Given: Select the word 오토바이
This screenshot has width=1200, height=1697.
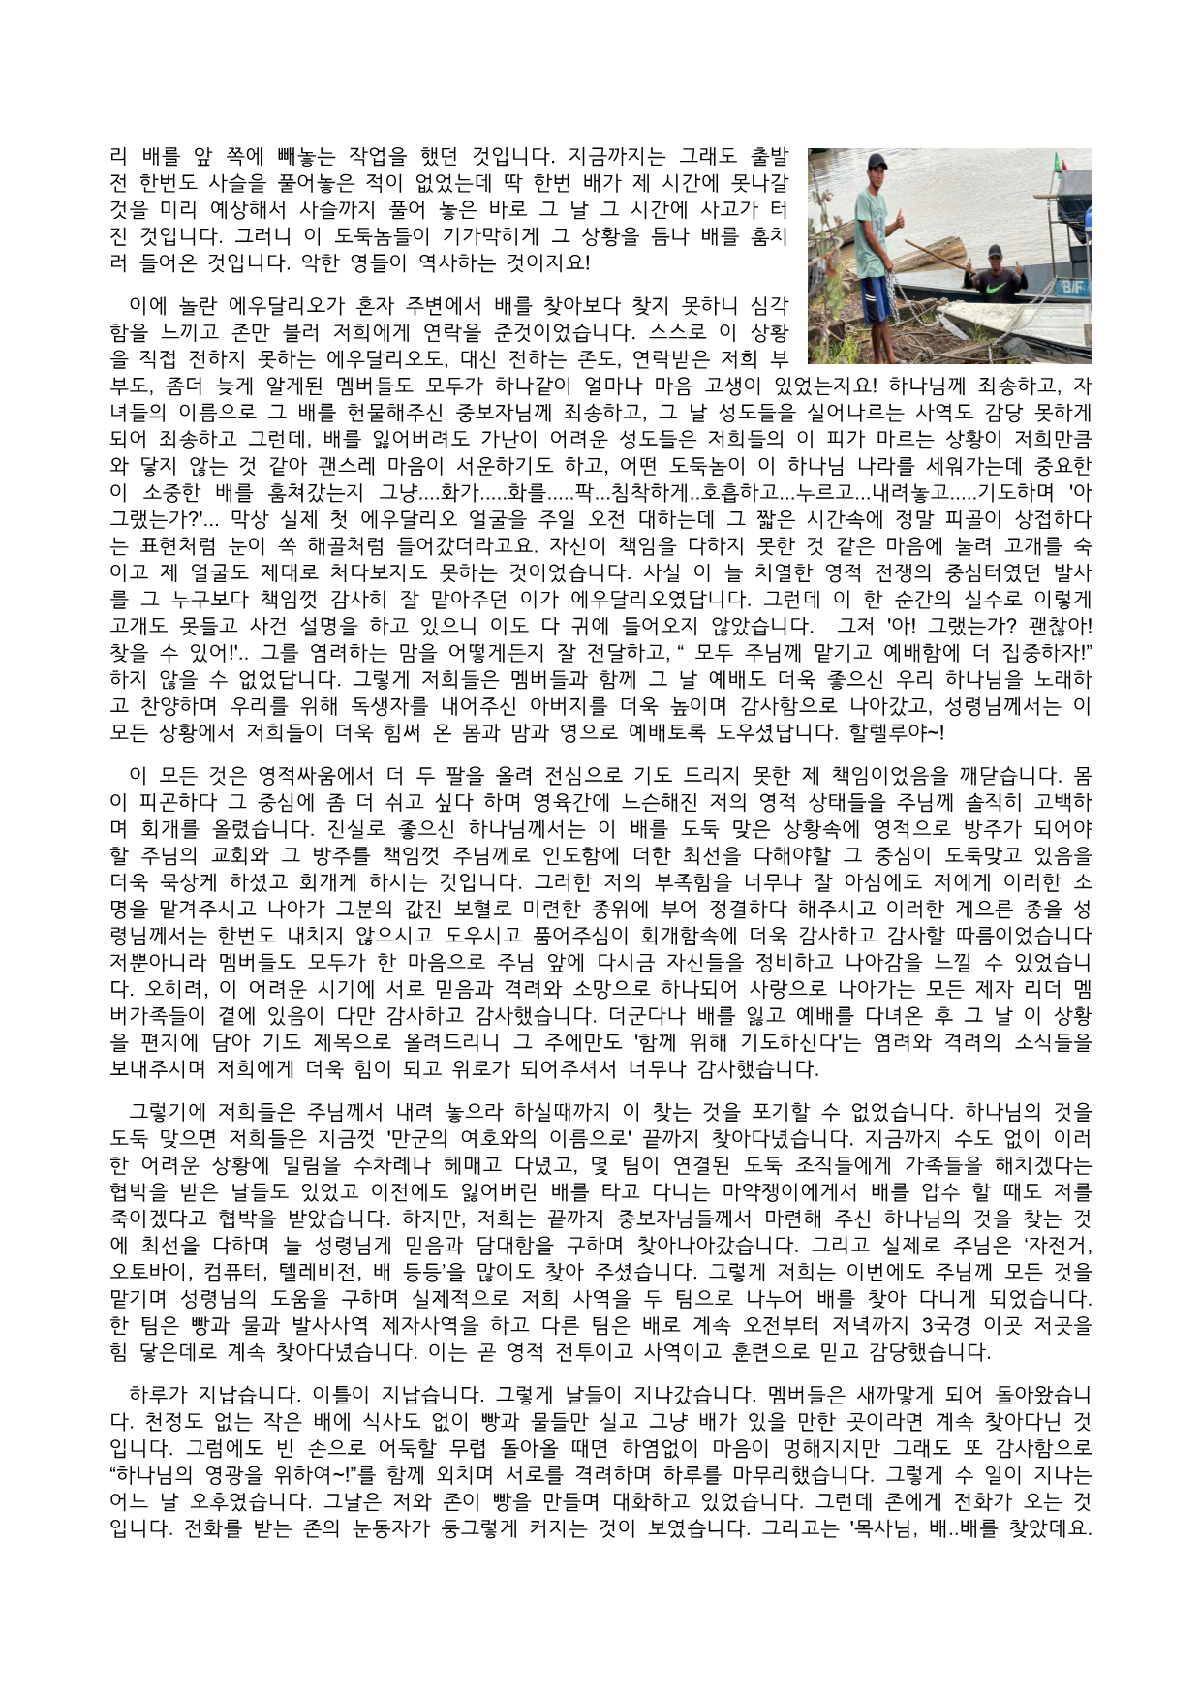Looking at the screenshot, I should tap(145, 1269).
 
